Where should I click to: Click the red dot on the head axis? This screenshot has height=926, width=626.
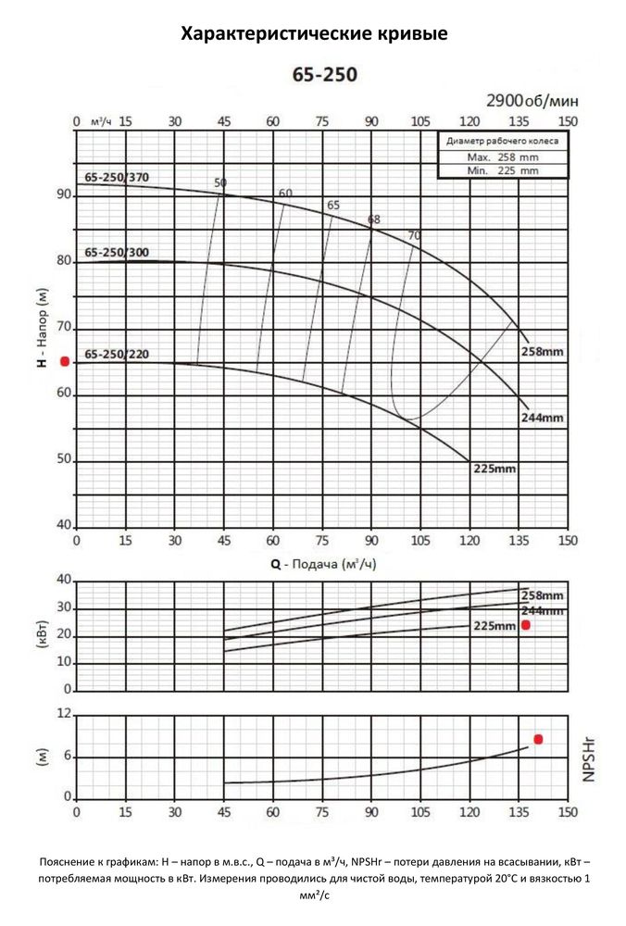[x=65, y=361]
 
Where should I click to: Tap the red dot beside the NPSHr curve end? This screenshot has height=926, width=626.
[x=538, y=739]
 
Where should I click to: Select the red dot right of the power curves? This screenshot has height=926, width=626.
[x=526, y=625]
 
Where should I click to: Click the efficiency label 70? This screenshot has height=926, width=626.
[x=414, y=235]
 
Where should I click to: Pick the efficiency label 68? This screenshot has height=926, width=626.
[x=374, y=219]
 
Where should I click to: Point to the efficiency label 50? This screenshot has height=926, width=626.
[x=219, y=182]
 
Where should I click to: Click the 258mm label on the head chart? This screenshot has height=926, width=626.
[x=542, y=353]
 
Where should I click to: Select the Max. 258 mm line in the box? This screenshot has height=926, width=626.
[x=503, y=157]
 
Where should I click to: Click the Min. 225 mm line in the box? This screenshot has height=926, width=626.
[x=503, y=170]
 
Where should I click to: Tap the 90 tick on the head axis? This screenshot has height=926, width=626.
[x=64, y=195]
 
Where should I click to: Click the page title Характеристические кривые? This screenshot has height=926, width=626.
[x=314, y=35]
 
